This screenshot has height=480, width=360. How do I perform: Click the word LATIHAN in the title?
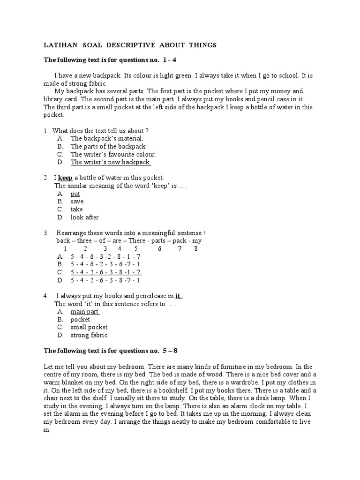click(x=60, y=45)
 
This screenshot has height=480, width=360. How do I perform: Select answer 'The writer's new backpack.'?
click(x=111, y=162)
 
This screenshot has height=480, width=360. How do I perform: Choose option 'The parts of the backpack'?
click(x=108, y=146)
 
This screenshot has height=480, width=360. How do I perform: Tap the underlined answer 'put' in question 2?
click(x=75, y=194)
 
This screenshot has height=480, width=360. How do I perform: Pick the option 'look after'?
click(x=84, y=217)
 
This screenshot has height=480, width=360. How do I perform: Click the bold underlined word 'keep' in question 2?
click(x=65, y=178)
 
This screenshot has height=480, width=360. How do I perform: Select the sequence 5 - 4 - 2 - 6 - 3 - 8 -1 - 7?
click(x=106, y=272)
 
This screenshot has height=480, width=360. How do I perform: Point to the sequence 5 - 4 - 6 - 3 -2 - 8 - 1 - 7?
click(x=105, y=256)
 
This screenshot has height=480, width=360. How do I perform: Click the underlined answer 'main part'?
click(x=85, y=311)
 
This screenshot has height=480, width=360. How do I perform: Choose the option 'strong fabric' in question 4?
click(x=89, y=335)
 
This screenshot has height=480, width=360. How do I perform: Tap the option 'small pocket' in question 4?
click(x=89, y=327)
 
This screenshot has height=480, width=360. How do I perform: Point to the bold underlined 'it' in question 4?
click(x=178, y=296)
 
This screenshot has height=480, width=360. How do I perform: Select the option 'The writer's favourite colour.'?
click(x=113, y=154)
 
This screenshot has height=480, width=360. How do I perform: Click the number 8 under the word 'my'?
click(x=195, y=248)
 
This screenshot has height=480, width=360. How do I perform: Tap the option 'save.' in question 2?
click(x=78, y=202)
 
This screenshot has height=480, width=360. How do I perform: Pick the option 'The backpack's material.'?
click(x=107, y=138)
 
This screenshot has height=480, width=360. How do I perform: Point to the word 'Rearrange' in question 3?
click(x=72, y=233)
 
